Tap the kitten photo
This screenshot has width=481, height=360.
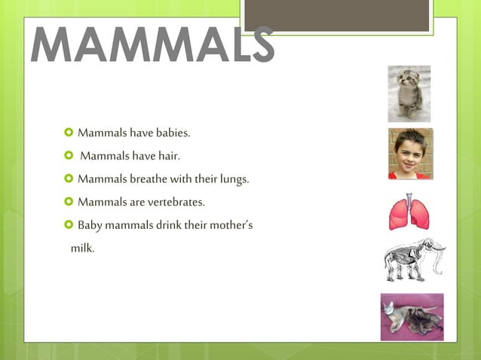(x=409, y=93)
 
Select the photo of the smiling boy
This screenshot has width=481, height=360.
(x=410, y=154)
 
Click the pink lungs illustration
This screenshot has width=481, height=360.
(x=409, y=212)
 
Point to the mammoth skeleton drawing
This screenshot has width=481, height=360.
(x=413, y=259)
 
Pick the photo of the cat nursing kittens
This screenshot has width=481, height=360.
(x=412, y=316)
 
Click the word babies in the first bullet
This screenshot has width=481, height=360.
(x=173, y=134)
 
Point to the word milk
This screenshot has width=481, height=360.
(x=82, y=248)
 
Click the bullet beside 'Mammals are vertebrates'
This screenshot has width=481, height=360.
(x=69, y=202)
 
